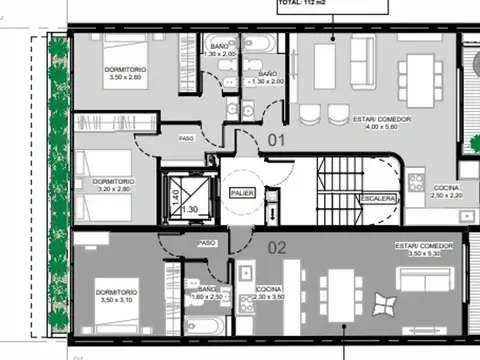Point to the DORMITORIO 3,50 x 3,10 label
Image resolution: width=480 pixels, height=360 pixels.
[x=118, y=295]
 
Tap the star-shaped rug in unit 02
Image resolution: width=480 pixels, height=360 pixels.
[x=384, y=302]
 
